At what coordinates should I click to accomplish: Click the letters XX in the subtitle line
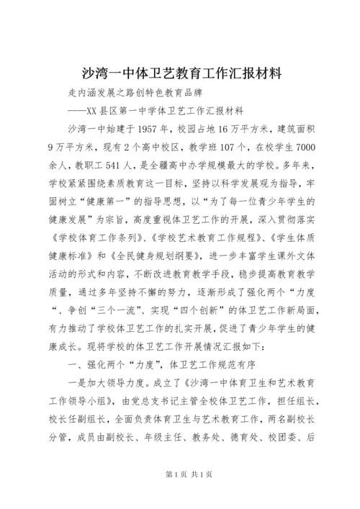coord(94,111)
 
